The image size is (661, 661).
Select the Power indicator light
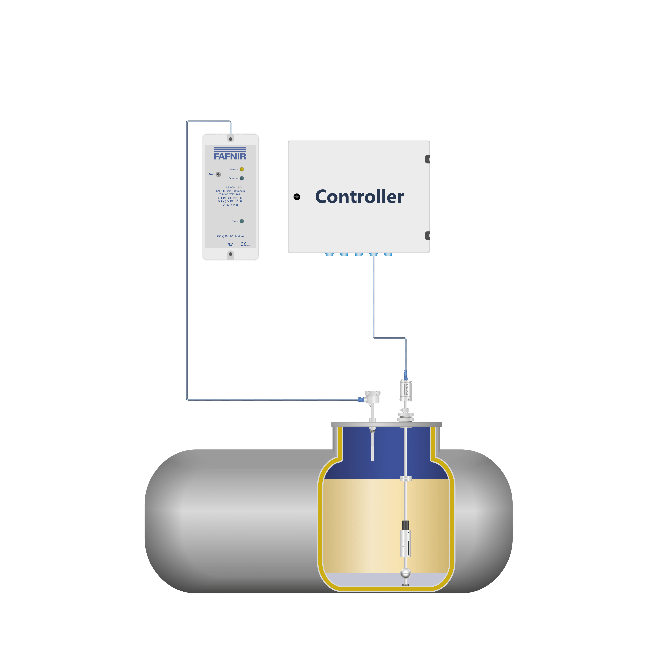(x=242, y=221)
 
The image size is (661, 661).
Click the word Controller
(x=359, y=197)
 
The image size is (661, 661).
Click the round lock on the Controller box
(x=297, y=197)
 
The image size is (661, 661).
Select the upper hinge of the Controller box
(x=427, y=159)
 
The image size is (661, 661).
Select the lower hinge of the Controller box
(x=427, y=236)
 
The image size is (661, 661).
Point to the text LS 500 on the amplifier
(x=230, y=187)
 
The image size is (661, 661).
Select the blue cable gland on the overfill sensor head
(x=361, y=399)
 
